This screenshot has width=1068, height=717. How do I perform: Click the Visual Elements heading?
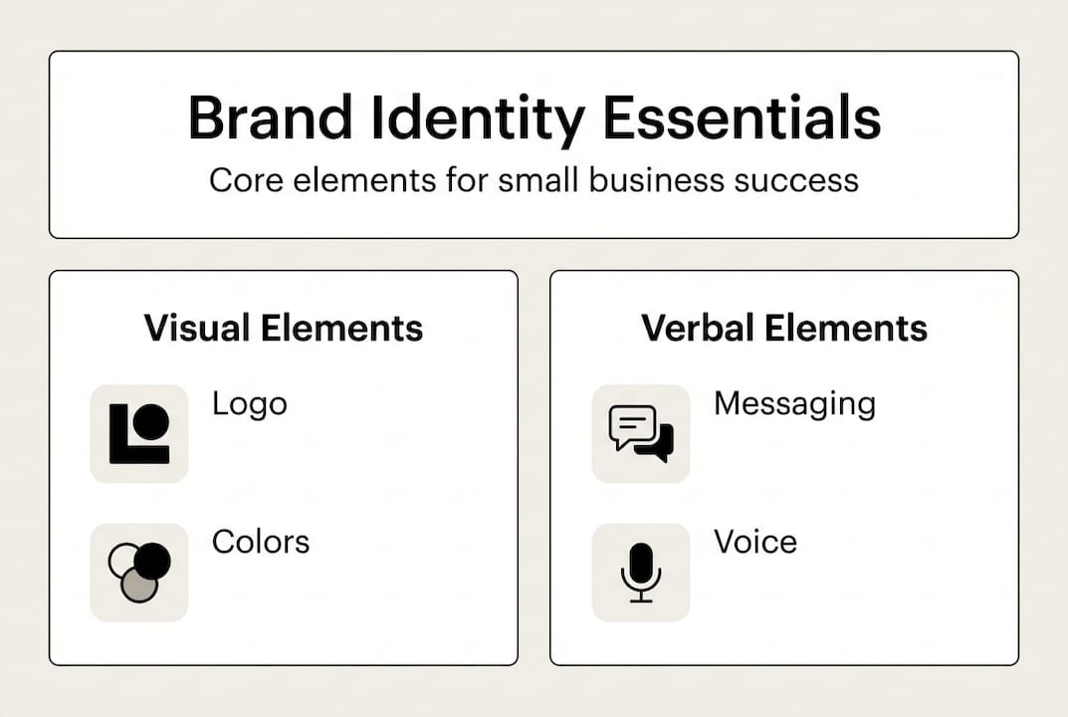point(284,328)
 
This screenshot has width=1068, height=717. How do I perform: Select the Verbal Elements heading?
point(784,328)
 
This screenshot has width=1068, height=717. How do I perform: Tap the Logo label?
point(250,404)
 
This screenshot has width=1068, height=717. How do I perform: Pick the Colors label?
point(261,542)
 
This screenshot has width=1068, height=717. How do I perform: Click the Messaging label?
point(794,403)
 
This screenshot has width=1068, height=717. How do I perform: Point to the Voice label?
point(755,542)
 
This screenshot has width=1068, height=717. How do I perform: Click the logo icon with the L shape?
point(139,433)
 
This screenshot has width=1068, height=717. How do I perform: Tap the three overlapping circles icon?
point(139,573)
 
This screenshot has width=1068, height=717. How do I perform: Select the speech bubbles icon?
point(641,433)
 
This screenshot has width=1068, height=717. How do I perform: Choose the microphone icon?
point(641,573)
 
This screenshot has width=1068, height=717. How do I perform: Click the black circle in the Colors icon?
point(152,562)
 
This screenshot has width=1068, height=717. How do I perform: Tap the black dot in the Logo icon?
point(150,422)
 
